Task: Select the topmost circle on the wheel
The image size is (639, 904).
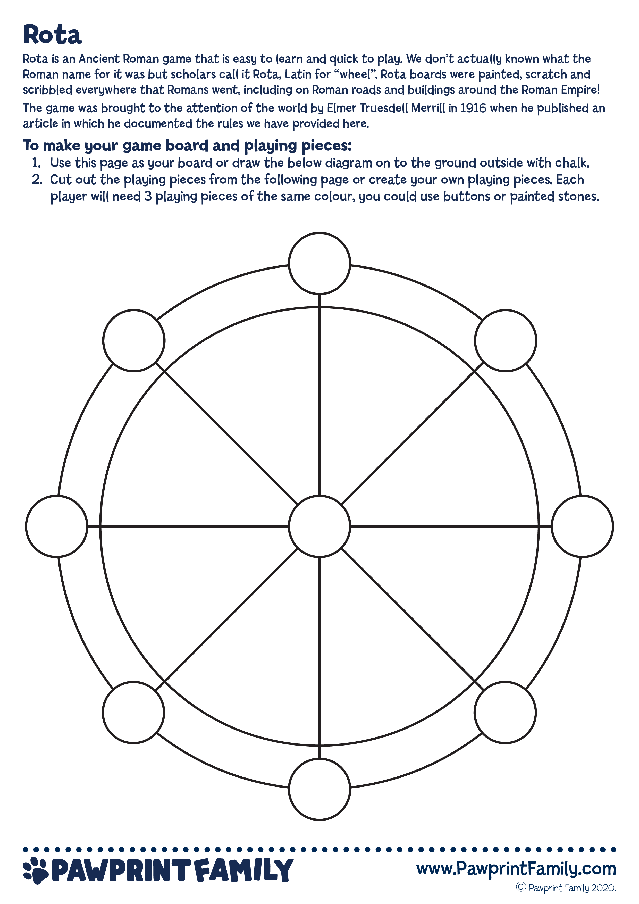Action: (x=319, y=263)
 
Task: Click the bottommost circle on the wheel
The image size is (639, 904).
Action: (x=319, y=789)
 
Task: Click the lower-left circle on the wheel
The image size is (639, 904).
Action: (x=133, y=712)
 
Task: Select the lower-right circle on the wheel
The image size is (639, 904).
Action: (x=505, y=712)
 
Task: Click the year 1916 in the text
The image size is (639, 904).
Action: (x=474, y=108)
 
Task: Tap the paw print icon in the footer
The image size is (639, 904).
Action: (x=36, y=869)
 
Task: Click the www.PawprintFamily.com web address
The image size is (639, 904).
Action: (x=516, y=868)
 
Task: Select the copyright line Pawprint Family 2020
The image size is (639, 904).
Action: (x=566, y=888)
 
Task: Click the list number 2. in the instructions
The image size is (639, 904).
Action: (x=37, y=180)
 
